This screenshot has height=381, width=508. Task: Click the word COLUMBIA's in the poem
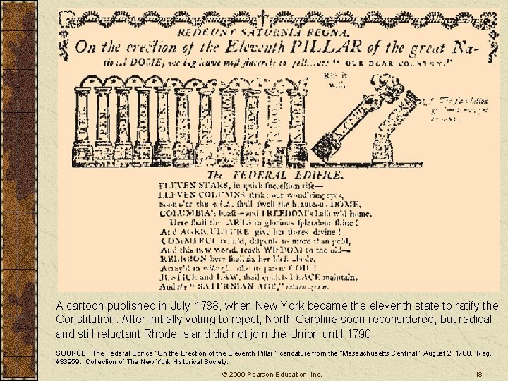(x=187, y=212)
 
